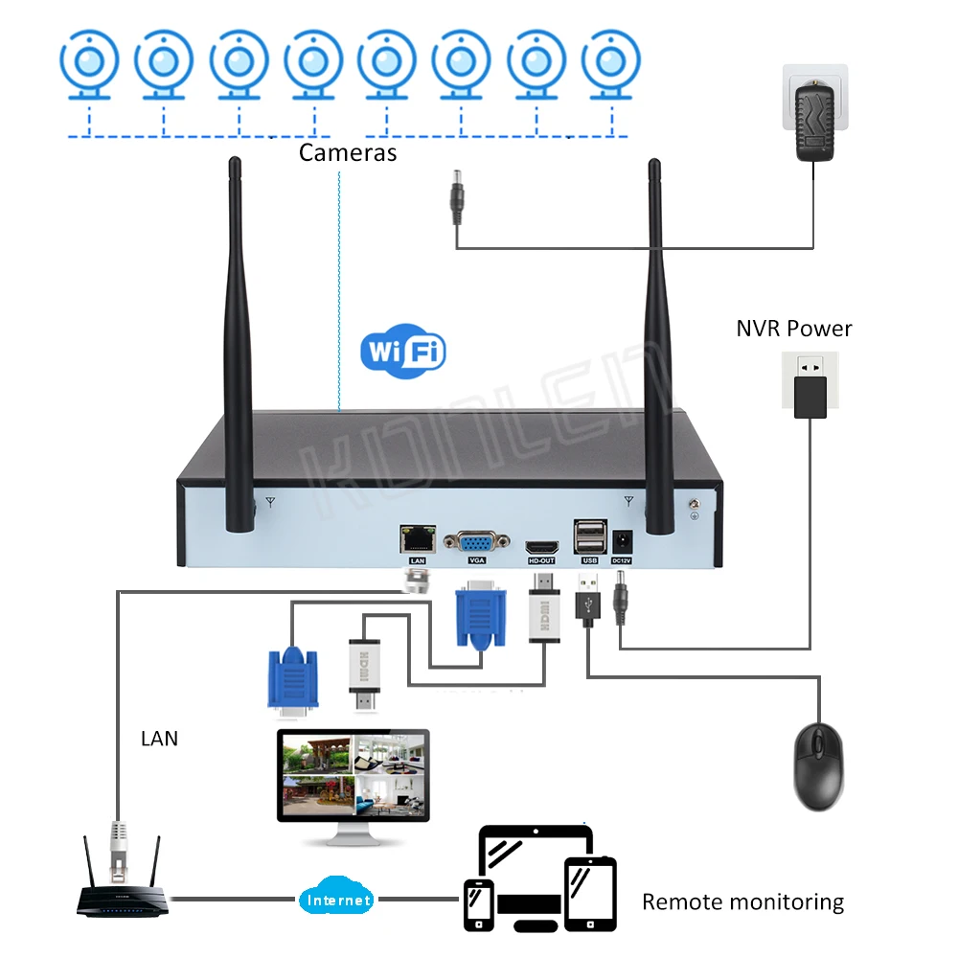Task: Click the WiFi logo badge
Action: pos(403,352)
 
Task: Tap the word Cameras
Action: pos(348,152)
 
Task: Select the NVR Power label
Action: pos(793,329)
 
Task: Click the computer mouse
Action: pos(818,766)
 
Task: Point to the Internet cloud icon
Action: pos(337,900)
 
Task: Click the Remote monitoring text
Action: pos(742,901)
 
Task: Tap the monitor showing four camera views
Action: pos(353,781)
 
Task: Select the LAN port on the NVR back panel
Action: pos(418,539)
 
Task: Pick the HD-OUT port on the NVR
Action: pos(541,541)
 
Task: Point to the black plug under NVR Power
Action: pos(810,396)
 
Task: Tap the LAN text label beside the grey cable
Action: pos(159,739)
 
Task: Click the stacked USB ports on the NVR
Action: pos(587,536)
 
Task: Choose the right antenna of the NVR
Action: pos(658,345)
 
